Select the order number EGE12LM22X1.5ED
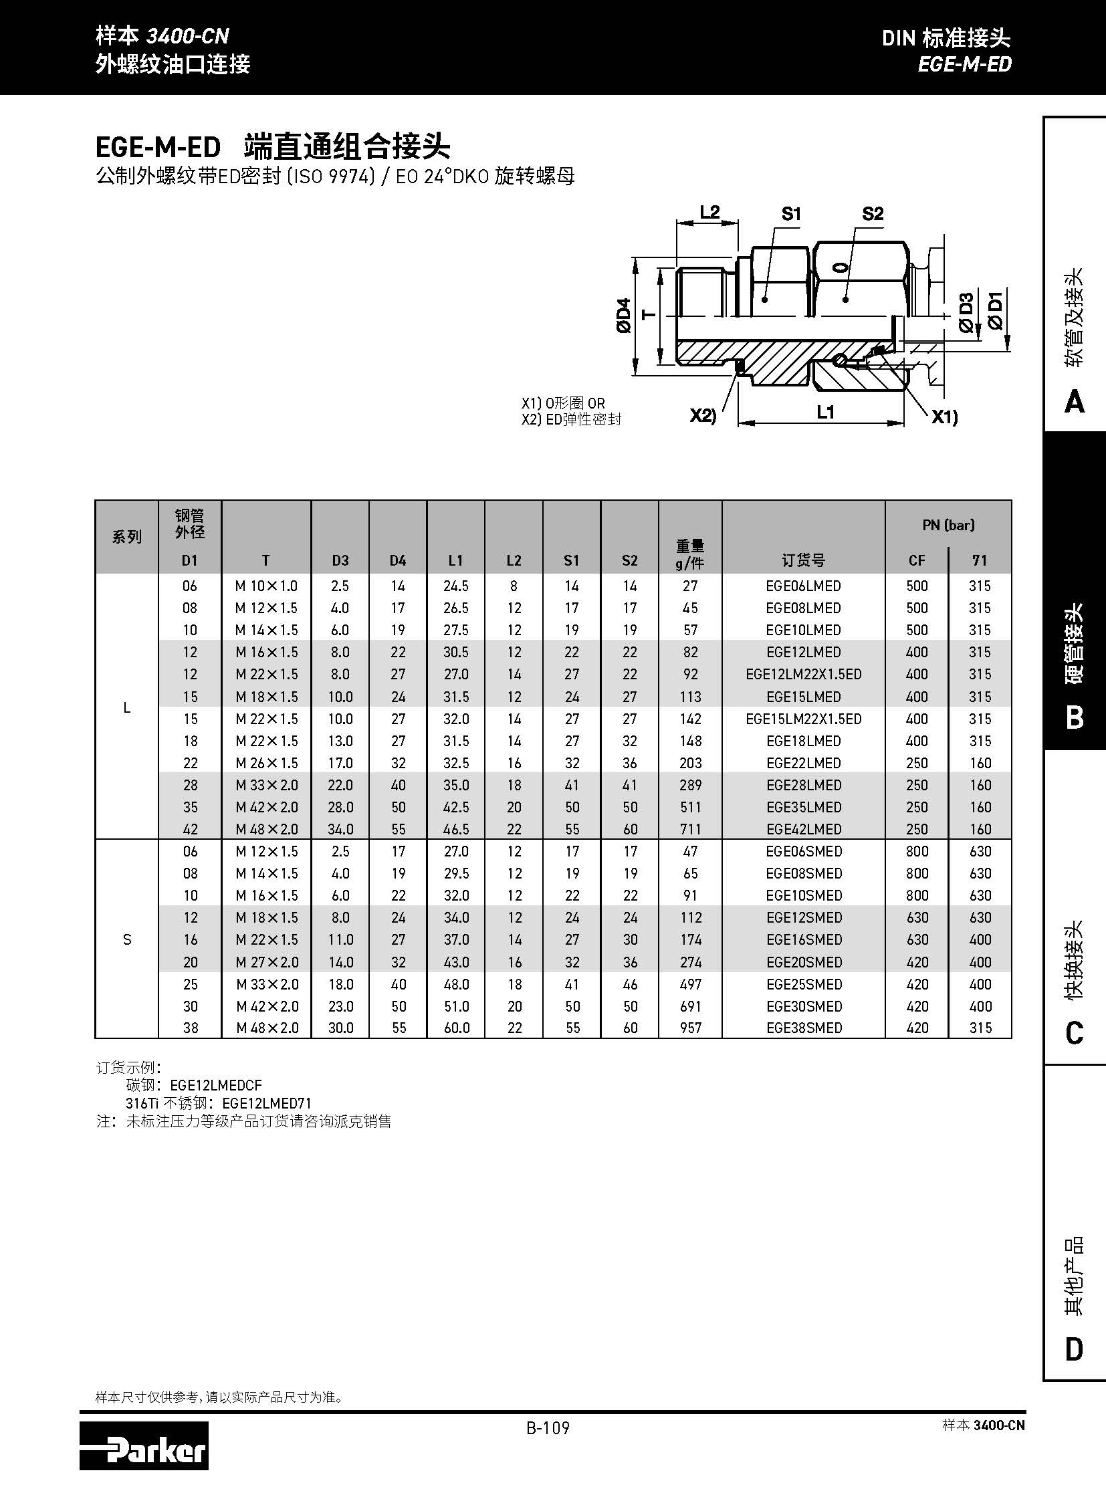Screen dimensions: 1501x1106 pyautogui.click(x=803, y=674)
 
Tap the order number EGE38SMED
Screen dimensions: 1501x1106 pyautogui.click(x=803, y=1028)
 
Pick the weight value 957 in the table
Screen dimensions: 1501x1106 pyautogui.click(x=690, y=1028)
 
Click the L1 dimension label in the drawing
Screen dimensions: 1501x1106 pyautogui.click(x=825, y=412)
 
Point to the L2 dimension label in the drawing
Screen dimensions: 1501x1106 pyautogui.click(x=709, y=212)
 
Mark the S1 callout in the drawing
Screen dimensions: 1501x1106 pyautogui.click(x=790, y=214)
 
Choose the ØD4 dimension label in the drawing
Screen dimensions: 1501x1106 pyautogui.click(x=623, y=316)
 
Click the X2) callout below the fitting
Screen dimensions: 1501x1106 pyautogui.click(x=703, y=416)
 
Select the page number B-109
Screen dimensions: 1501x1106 pyautogui.click(x=548, y=1428)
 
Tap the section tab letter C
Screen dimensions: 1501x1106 pyautogui.click(x=1074, y=1033)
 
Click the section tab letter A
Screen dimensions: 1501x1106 pyautogui.click(x=1074, y=402)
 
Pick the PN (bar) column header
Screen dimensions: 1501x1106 pyautogui.click(x=948, y=526)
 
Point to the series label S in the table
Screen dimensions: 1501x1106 pyautogui.click(x=127, y=940)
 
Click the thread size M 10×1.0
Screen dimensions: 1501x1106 pyautogui.click(x=265, y=586)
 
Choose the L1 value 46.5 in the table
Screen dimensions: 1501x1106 pyautogui.click(x=456, y=830)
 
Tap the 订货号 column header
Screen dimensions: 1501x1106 pyautogui.click(x=802, y=560)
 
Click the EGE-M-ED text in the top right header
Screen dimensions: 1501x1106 pyautogui.click(x=964, y=64)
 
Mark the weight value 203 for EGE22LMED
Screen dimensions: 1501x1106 pyautogui.click(x=690, y=764)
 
